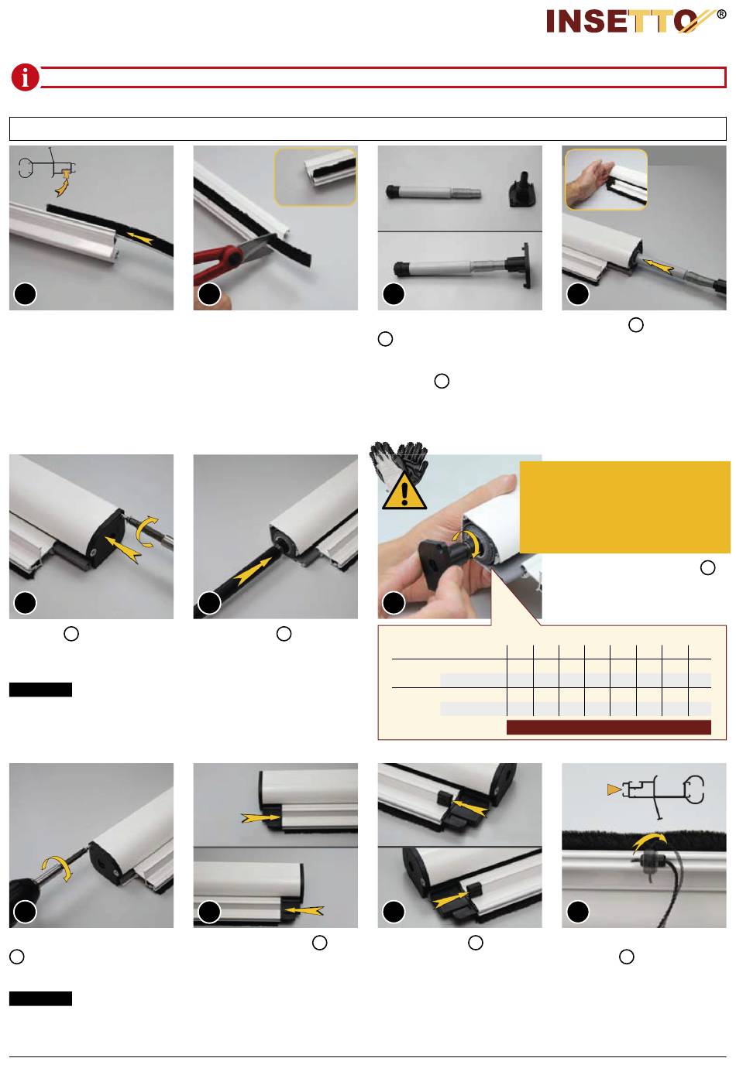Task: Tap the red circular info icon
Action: pyautogui.click(x=25, y=77)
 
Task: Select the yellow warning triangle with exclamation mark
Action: pyautogui.click(x=404, y=491)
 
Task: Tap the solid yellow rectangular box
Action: pyautogui.click(x=624, y=507)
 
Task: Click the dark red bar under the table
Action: pyautogui.click(x=609, y=727)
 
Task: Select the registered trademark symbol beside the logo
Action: pyautogui.click(x=721, y=15)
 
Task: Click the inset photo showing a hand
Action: pyautogui.click(x=607, y=180)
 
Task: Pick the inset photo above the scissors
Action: pyautogui.click(x=315, y=176)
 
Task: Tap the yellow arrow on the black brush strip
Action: pyautogui.click(x=141, y=238)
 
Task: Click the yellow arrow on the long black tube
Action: pyautogui.click(x=253, y=571)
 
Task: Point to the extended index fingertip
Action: pyautogui.click(x=507, y=480)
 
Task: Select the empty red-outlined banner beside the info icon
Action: pyautogui.click(x=383, y=77)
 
